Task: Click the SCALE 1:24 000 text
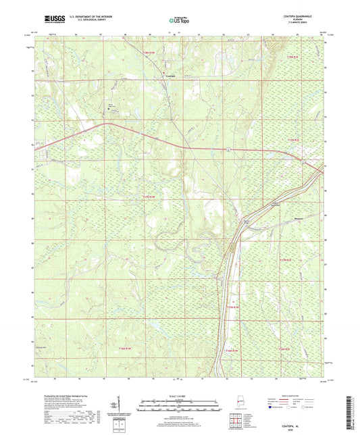pyautogui.click(x=180, y=396)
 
